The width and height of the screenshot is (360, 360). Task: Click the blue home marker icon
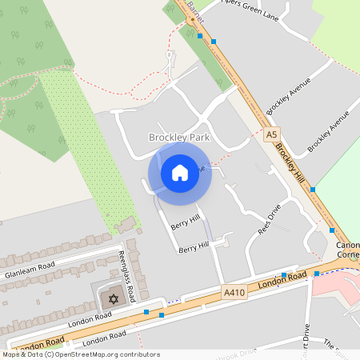click(x=180, y=173)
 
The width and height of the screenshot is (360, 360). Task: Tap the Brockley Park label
click(x=179, y=138)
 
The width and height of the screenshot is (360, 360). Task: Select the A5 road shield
click(x=273, y=135)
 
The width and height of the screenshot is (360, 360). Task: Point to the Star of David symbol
click(x=113, y=299)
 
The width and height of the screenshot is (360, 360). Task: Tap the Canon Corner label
click(x=348, y=250)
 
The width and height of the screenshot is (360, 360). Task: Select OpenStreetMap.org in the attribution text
click(x=89, y=354)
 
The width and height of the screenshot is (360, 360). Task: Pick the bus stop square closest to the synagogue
click(x=146, y=312)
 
